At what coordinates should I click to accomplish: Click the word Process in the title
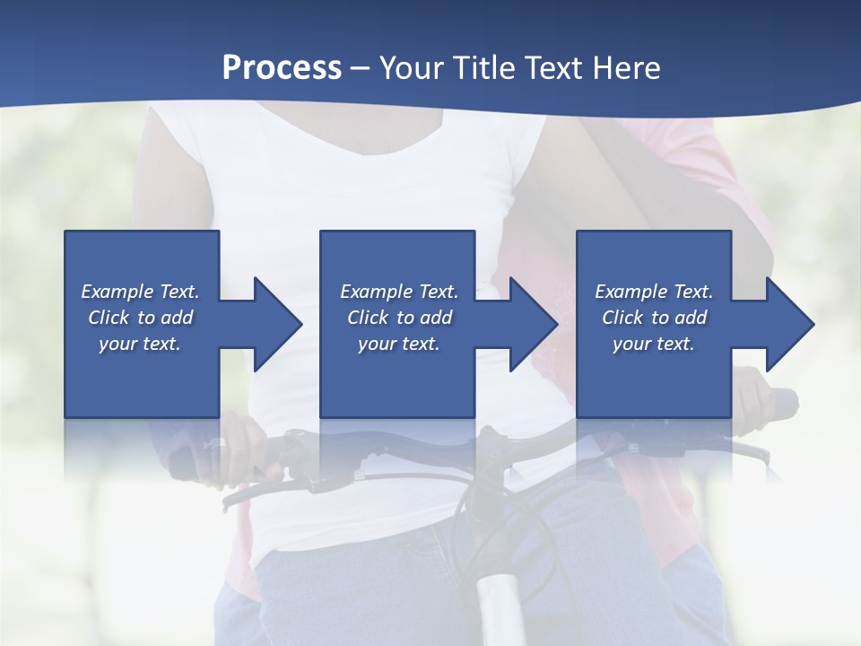click(x=282, y=68)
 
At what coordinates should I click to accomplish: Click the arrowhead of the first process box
click(x=273, y=324)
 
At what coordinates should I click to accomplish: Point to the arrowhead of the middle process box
click(x=529, y=324)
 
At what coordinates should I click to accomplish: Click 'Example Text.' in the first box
click(x=140, y=292)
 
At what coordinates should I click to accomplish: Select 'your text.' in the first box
click(x=140, y=344)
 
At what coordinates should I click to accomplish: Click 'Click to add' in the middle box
click(x=399, y=318)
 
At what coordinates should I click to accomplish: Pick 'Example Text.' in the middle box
click(x=399, y=292)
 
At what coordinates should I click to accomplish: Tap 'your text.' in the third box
click(x=653, y=344)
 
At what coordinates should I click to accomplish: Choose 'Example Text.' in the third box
click(x=654, y=292)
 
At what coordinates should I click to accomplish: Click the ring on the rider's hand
click(x=215, y=443)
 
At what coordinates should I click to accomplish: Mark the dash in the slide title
click(x=360, y=69)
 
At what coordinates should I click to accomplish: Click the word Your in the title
click(x=411, y=68)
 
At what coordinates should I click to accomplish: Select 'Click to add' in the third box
click(x=654, y=318)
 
